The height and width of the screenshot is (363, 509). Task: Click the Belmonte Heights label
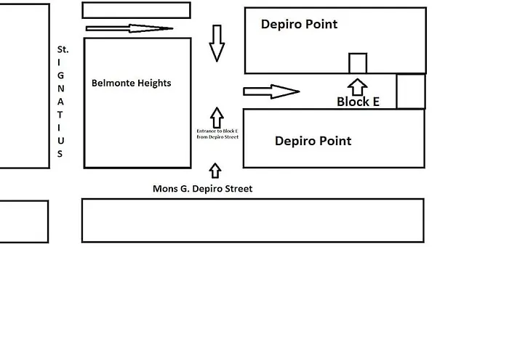(131, 83)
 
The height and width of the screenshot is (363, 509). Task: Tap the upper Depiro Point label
(299, 24)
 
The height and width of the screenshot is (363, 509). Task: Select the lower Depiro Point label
(313, 141)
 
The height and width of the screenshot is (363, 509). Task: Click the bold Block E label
(358, 102)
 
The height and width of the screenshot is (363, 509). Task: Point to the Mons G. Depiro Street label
(202, 189)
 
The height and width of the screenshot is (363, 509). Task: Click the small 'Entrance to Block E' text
(217, 134)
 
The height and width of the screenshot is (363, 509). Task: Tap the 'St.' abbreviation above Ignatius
(63, 49)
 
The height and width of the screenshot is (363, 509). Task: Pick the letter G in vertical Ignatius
(61, 76)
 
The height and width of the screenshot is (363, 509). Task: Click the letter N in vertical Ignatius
(61, 89)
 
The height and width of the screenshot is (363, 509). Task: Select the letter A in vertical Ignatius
(61, 102)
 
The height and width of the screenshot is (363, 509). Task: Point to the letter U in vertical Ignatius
(61, 140)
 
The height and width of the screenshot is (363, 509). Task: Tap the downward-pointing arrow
(217, 44)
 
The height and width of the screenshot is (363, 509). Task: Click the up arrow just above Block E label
(357, 87)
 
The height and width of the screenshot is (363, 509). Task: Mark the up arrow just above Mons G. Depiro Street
(215, 171)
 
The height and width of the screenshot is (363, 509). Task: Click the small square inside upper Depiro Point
(358, 63)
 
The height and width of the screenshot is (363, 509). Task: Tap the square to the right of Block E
(410, 91)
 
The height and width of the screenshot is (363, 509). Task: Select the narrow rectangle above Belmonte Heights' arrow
(136, 10)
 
